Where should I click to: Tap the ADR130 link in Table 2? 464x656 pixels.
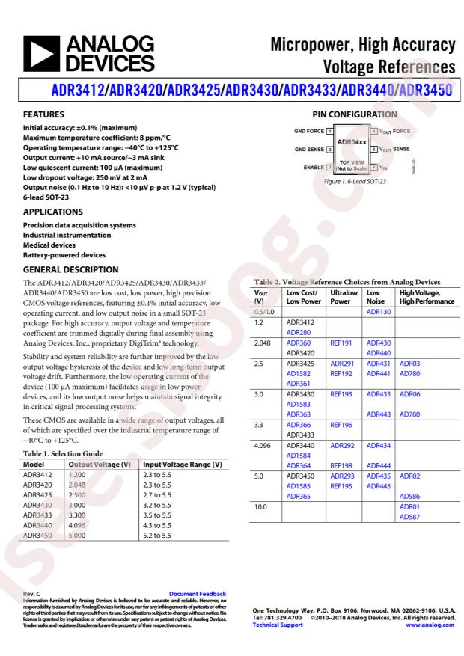pyautogui.click(x=379, y=311)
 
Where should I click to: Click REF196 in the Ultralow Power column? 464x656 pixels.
pyautogui.click(x=342, y=425)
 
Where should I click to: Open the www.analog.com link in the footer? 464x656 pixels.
pyautogui.click(x=430, y=625)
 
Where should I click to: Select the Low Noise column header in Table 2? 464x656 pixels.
pyautogui.click(x=379, y=296)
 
